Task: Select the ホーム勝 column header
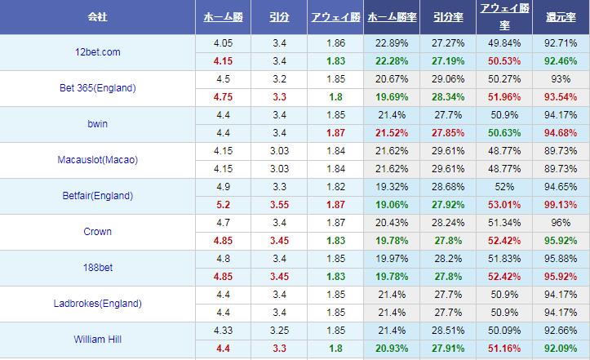[223, 17]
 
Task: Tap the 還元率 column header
[561, 17]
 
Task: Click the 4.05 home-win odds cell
[223, 42]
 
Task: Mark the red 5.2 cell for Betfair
[223, 205]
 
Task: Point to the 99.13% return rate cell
[561, 205]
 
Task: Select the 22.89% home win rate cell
[391, 42]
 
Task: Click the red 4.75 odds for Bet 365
[223, 97]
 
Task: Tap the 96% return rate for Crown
[561, 223]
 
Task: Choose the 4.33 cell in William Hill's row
[223, 331]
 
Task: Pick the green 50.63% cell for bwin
[503, 133]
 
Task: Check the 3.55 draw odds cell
[277, 205]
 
